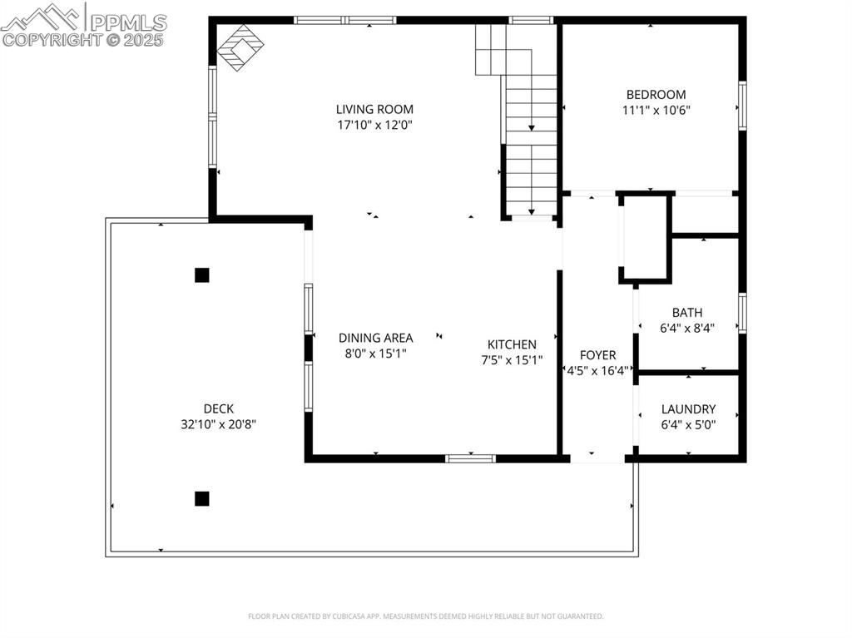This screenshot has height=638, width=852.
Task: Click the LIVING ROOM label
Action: [374, 109]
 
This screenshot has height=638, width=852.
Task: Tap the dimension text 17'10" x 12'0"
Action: [374, 125]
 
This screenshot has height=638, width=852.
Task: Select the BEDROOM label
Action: [656, 95]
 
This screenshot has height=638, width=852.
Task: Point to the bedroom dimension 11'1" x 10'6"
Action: [656, 110]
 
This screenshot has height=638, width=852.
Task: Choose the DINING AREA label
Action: [375, 338]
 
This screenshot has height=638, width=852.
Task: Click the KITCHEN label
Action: [512, 344]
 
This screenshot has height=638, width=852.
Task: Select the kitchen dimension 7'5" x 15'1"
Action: [512, 360]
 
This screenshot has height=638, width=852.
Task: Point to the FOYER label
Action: [597, 355]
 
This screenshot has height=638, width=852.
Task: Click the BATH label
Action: [687, 313]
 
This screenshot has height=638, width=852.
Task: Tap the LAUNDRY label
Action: [688, 409]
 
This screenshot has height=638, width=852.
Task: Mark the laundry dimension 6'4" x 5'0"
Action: [688, 424]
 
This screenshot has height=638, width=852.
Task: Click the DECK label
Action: [219, 408]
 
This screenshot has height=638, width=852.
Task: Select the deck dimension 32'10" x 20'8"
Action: [219, 424]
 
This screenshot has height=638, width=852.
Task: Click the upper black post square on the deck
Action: [201, 275]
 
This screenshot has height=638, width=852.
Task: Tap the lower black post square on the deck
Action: [201, 498]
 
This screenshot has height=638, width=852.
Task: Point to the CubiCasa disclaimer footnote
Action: [425, 616]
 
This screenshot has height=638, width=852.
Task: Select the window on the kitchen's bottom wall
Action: [470, 457]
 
